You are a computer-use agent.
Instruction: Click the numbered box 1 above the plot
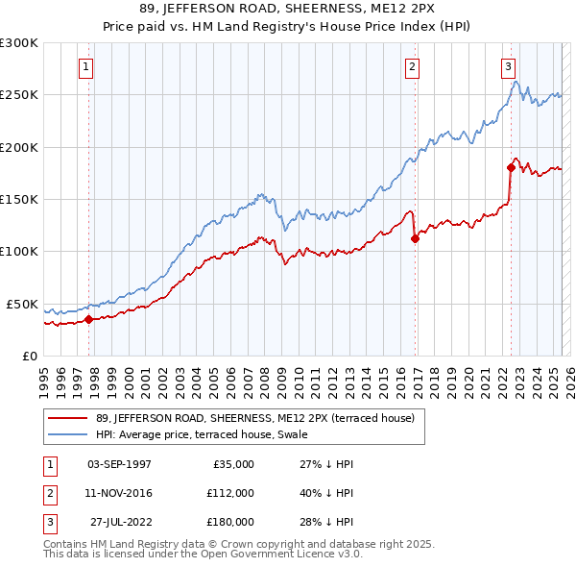click(x=86, y=67)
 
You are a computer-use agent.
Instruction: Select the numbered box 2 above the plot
click(x=412, y=67)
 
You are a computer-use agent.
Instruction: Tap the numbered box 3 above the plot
click(x=508, y=67)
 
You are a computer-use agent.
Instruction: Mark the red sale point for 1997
click(x=88, y=319)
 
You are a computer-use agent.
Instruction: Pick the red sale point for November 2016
click(x=415, y=239)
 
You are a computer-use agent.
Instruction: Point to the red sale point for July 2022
click(x=511, y=168)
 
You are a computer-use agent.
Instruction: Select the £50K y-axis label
click(x=22, y=304)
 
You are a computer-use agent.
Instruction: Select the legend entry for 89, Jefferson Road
click(x=254, y=418)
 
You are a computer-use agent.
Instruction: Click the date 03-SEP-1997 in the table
click(x=119, y=463)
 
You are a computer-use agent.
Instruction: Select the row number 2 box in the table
click(x=51, y=492)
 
